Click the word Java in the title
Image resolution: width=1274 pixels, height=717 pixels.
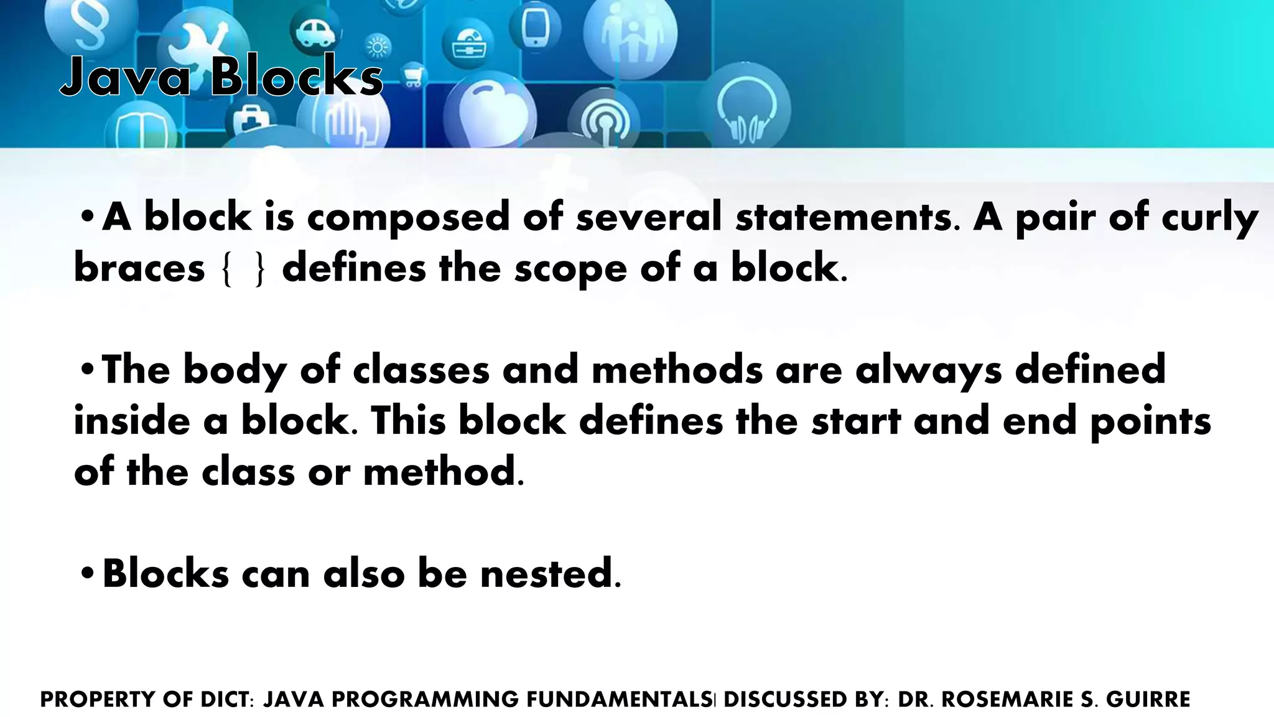point(124,77)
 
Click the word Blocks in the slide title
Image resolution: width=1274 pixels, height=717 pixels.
point(296,77)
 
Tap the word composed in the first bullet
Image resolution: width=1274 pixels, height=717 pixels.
point(408,217)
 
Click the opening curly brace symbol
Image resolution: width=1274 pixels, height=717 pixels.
point(227,269)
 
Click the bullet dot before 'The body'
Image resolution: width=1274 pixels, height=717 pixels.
point(87,370)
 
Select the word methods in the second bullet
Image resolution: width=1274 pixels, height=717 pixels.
point(677,370)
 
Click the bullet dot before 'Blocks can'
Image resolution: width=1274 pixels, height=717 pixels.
point(87,573)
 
